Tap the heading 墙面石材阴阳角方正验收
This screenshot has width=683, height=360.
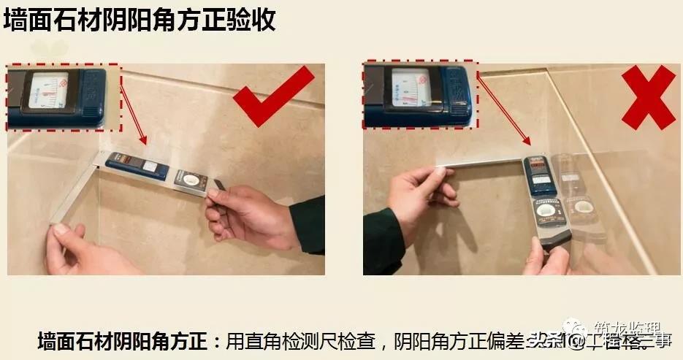point(140,20)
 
